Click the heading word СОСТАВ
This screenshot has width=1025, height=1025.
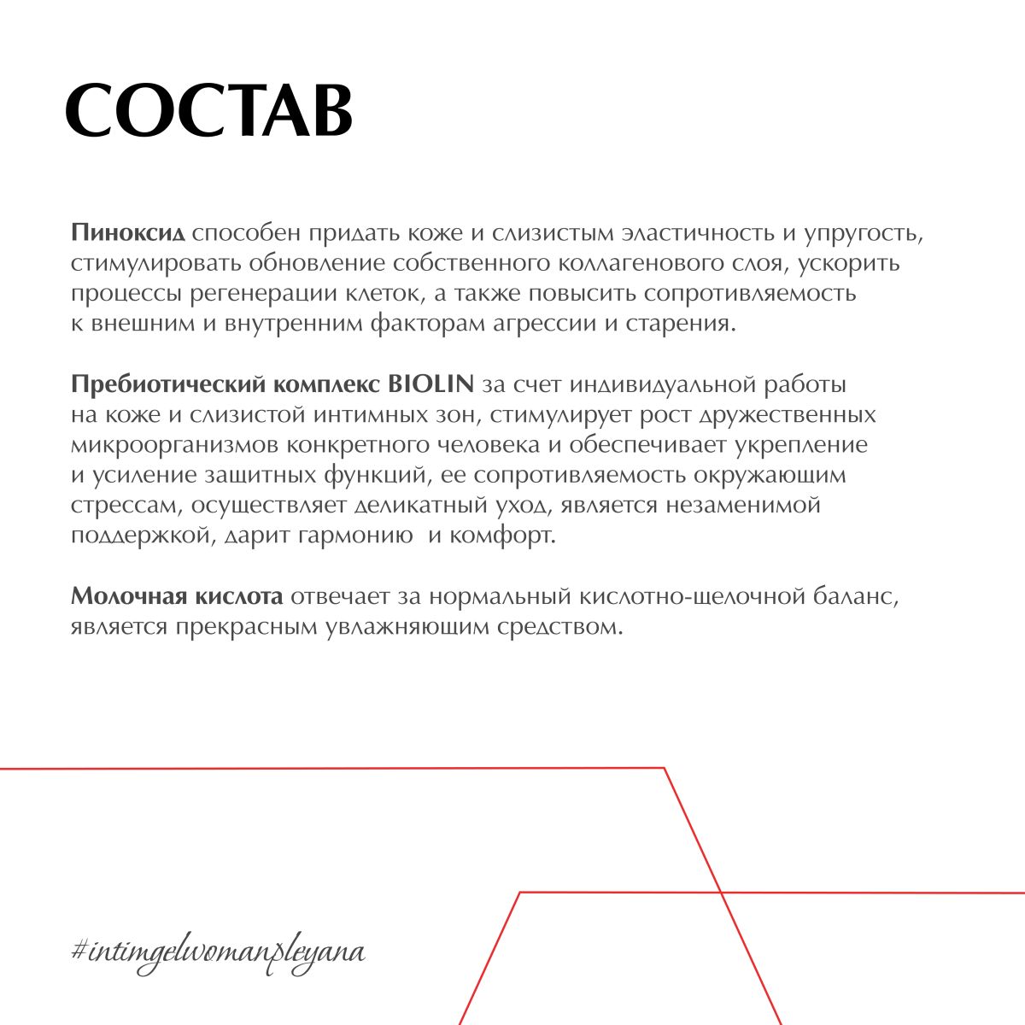click(209, 111)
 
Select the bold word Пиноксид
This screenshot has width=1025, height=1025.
click(129, 233)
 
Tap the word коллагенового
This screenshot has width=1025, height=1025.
click(644, 263)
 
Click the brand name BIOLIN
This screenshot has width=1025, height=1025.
click(430, 385)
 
